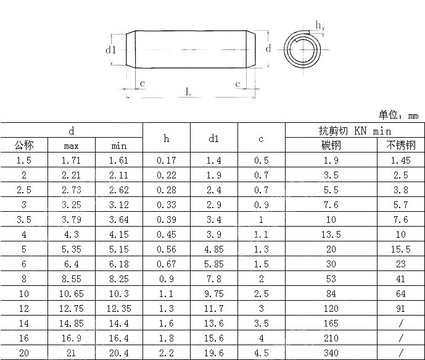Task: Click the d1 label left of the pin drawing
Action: point(110,49)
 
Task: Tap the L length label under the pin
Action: point(188,91)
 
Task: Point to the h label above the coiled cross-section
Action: point(318,24)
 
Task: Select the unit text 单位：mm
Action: point(398,115)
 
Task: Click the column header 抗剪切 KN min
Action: point(355,131)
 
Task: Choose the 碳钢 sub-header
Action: point(331,146)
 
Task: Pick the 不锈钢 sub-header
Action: point(401,146)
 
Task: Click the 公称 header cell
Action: point(23,146)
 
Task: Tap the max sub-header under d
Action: point(72,146)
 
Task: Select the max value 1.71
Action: point(72,161)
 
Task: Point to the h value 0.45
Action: point(166,233)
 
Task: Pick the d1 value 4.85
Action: point(213,248)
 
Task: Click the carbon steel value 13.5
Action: point(331,233)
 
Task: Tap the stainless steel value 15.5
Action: point(401,248)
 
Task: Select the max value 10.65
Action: point(72,293)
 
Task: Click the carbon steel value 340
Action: point(331,352)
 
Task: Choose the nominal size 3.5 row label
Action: point(23,219)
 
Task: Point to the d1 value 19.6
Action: point(213,352)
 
